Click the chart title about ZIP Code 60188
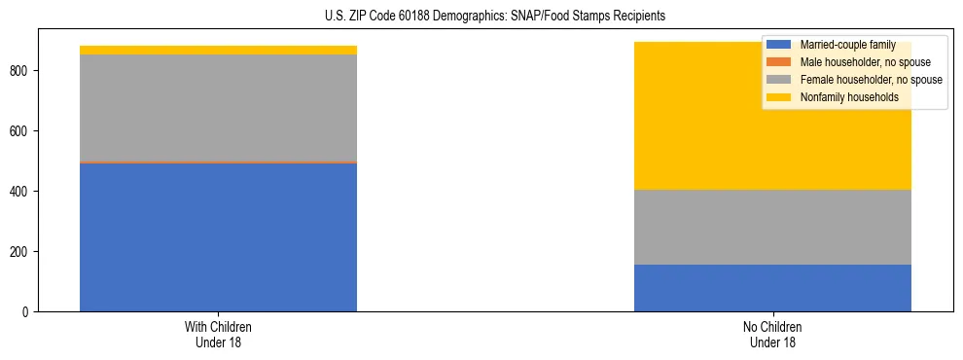[495, 17]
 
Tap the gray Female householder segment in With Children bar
[218, 108]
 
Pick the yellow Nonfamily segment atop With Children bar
[218, 50]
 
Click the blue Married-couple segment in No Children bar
[772, 288]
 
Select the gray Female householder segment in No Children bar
[772, 227]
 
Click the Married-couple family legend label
[847, 45]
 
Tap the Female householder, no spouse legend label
[871, 80]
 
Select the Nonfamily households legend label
[849, 97]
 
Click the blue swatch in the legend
[779, 45]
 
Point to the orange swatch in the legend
[779, 62]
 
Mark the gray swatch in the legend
[779, 80]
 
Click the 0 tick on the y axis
[28, 312]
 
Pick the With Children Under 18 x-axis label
[218, 335]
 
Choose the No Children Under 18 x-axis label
[772, 335]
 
